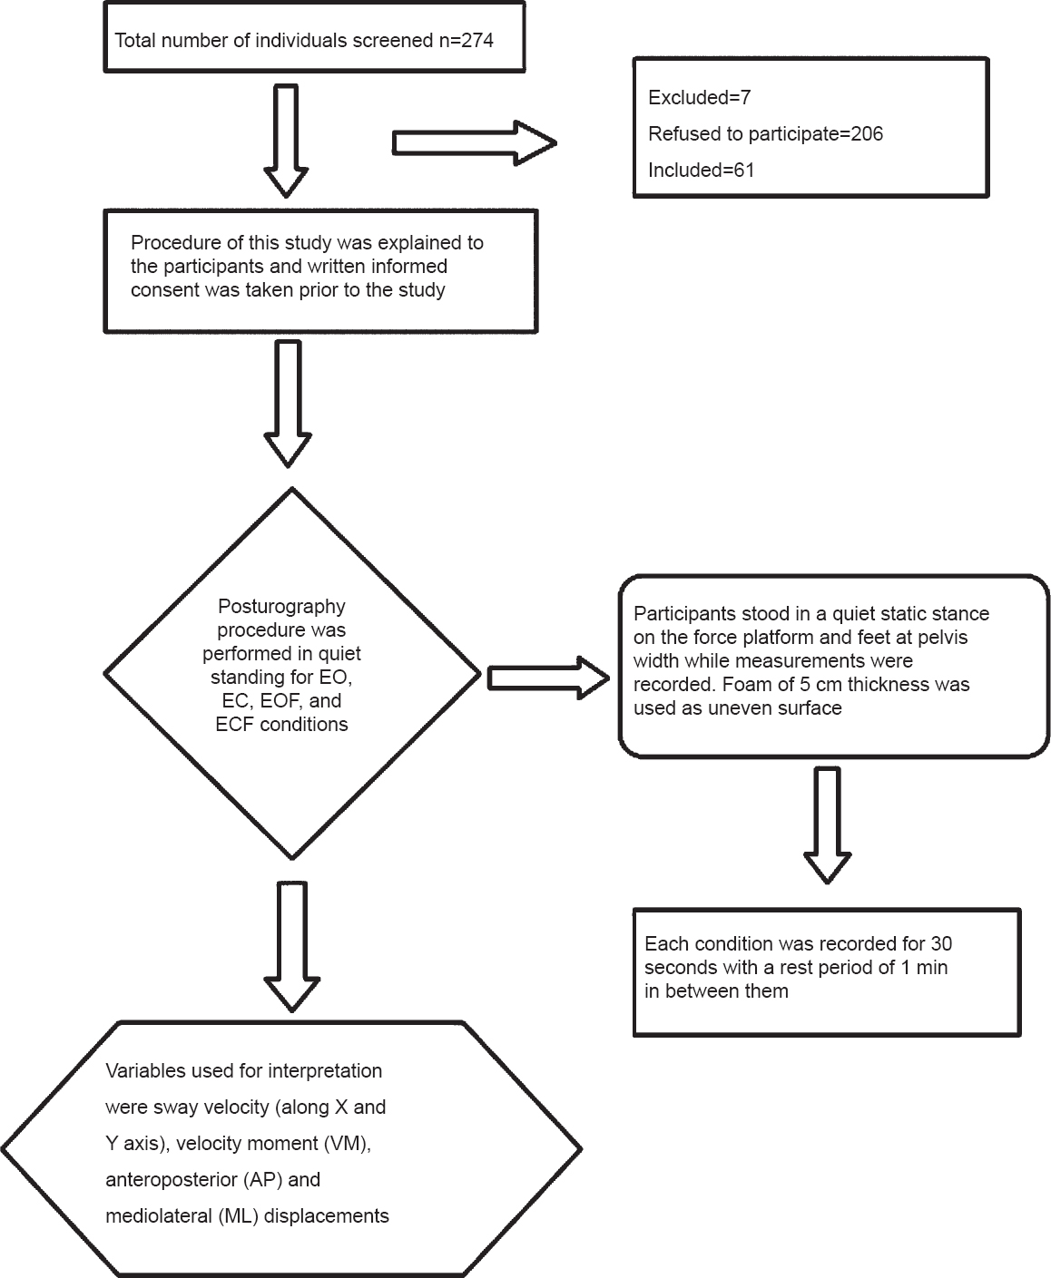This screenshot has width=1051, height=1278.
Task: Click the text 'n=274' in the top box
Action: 467,41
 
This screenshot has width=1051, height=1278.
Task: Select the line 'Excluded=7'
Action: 699,98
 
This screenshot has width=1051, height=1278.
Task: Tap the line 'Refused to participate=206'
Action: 765,134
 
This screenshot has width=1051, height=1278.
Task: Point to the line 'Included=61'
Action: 701,171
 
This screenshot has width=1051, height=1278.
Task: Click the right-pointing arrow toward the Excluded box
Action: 475,143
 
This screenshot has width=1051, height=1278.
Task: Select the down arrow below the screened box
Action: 286,141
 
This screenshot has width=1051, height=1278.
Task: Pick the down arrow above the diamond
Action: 288,405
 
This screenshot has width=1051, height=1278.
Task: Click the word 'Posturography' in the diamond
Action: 281,607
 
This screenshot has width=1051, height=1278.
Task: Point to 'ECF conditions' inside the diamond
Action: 281,725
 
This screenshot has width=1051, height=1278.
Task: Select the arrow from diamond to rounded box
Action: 549,678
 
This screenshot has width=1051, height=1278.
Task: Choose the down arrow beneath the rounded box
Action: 827,826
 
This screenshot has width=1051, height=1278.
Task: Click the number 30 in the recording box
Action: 941,944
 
